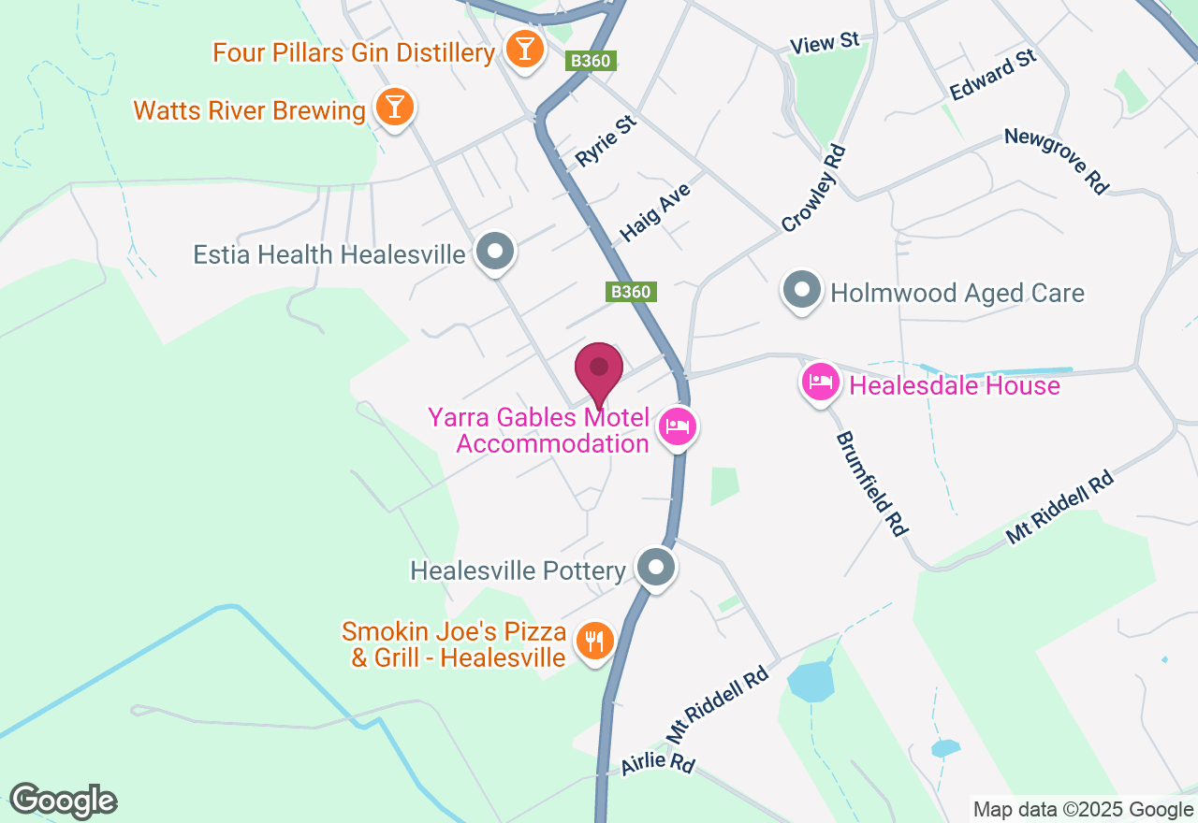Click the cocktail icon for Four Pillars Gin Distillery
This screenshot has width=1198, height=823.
tap(524, 49)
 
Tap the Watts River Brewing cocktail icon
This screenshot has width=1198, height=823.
tap(394, 108)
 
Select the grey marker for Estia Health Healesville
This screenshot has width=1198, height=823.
tap(495, 253)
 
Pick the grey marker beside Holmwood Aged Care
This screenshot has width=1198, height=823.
tap(801, 291)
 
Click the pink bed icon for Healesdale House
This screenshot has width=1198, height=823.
tap(820, 382)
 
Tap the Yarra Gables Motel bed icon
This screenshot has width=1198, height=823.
tap(678, 427)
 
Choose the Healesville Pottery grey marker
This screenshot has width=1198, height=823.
tap(656, 567)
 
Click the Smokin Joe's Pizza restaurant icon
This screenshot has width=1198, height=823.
tap(593, 642)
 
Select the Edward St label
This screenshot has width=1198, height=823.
tap(993, 76)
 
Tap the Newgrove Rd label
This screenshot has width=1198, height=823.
tap(1056, 161)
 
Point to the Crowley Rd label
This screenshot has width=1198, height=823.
tap(813, 189)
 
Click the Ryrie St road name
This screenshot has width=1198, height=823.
tap(606, 141)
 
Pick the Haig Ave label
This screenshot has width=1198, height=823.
tap(655, 213)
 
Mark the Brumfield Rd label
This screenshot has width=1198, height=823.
tap(871, 484)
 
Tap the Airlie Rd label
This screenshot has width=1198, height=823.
tap(657, 762)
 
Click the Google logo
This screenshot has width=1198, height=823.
tap(63, 801)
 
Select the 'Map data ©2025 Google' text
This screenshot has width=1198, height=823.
tap(1083, 810)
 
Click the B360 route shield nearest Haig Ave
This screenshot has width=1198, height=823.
tap(630, 292)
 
